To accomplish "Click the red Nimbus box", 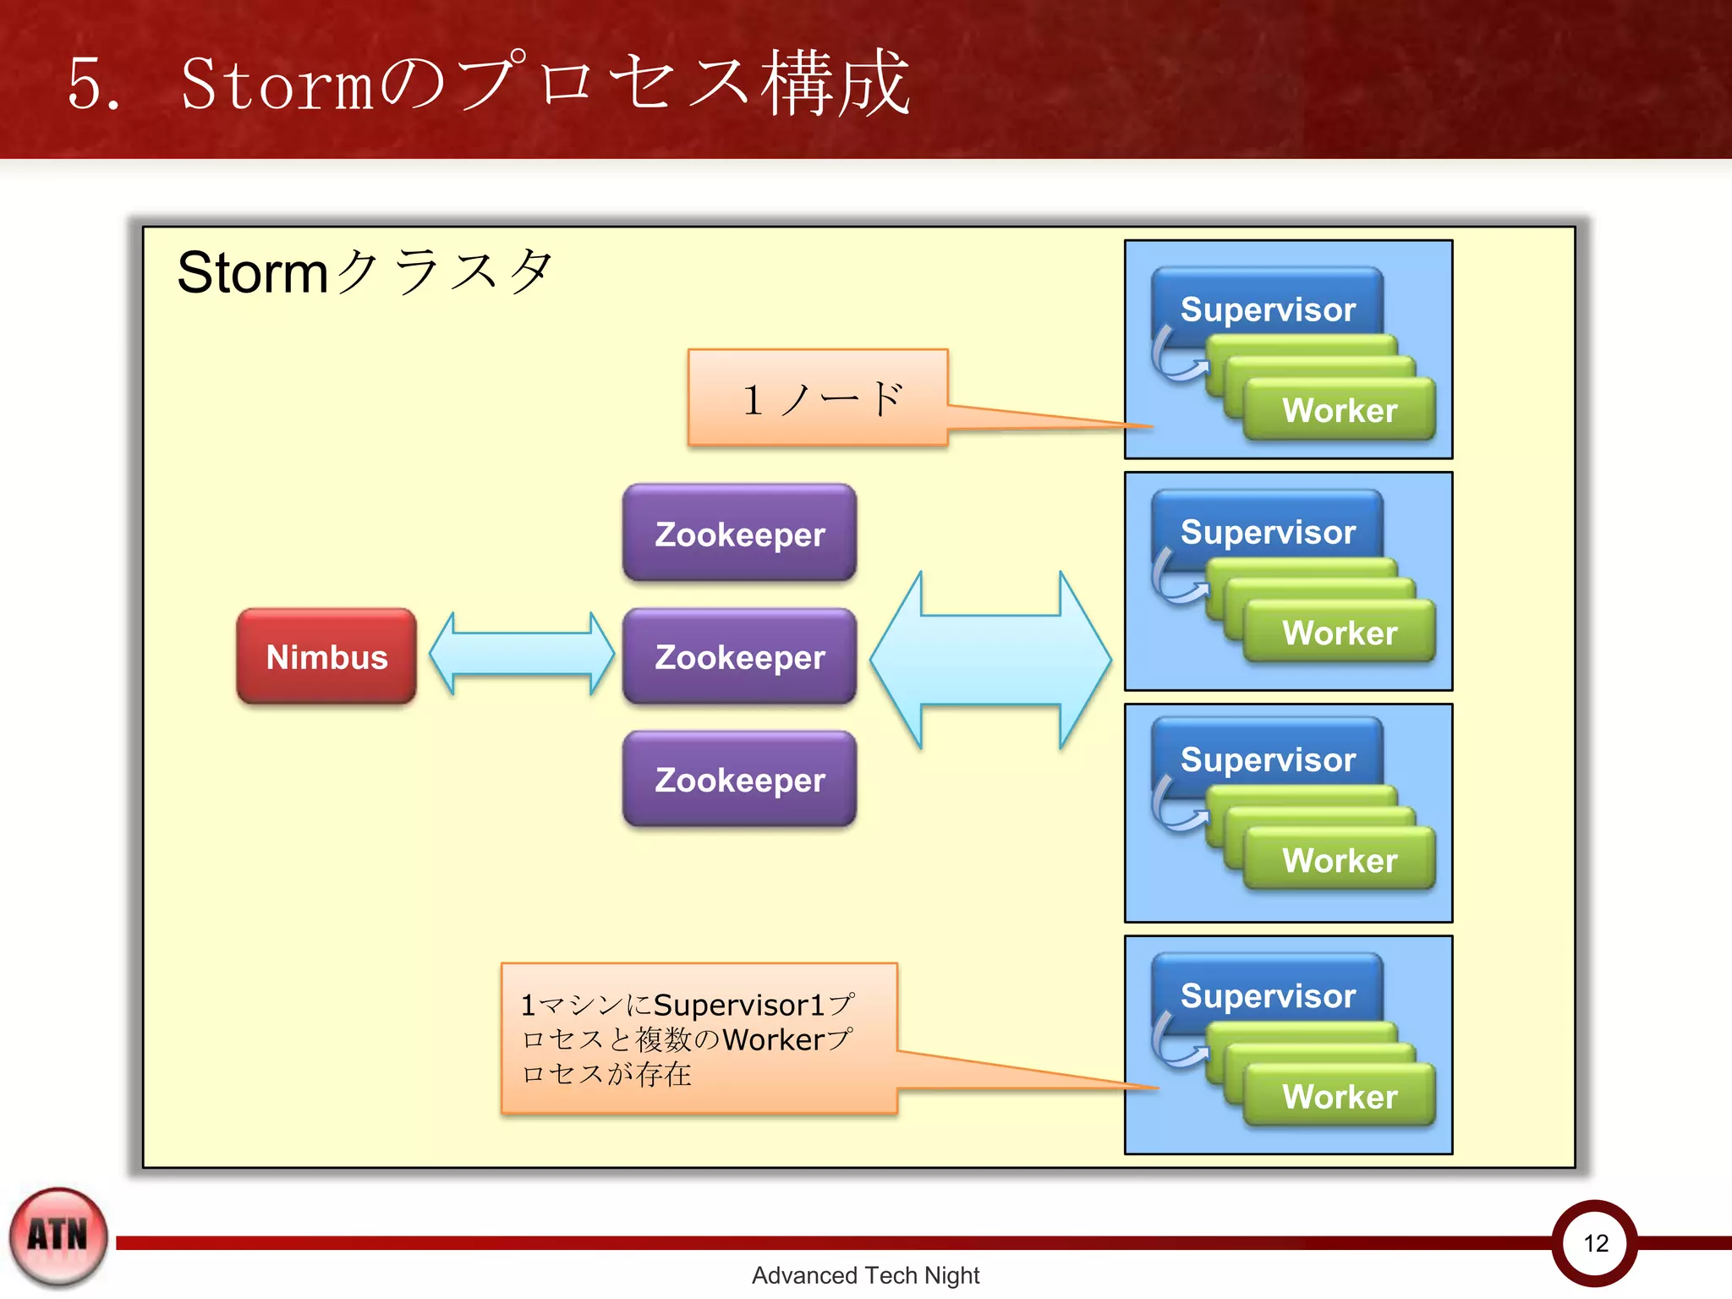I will [326, 657].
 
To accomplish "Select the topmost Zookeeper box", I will [739, 534].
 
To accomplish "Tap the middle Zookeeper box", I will [739, 657].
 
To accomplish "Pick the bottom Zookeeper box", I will [739, 780].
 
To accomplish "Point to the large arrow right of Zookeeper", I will [990, 660].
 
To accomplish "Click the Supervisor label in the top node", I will [1267, 309].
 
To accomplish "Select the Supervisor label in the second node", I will [1267, 532].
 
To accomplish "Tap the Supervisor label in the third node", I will [1267, 759].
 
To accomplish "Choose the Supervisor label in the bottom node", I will [1267, 995].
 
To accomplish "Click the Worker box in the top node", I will [1340, 411].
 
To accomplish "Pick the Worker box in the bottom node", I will [1340, 1097].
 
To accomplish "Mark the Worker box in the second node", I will [1340, 633].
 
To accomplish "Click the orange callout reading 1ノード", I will [818, 398].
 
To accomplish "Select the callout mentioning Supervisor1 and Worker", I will [699, 1039].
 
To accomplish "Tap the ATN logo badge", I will [58, 1236].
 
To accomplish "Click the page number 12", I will [1595, 1243].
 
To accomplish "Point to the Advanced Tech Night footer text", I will [865, 1275].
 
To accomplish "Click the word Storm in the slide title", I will [277, 85].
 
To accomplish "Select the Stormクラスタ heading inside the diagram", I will [364, 272].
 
